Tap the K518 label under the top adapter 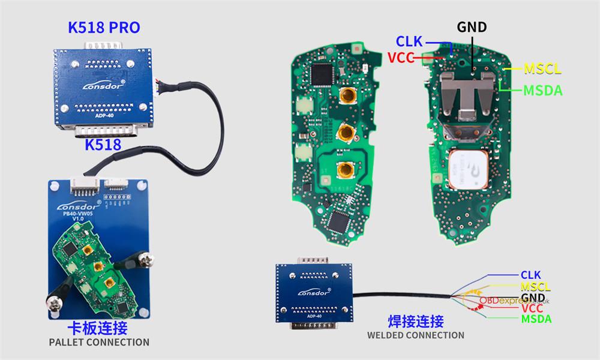[x=103, y=144]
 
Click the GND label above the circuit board [x=472, y=27]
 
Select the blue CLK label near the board [x=409, y=41]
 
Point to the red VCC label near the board [x=401, y=58]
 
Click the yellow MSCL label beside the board [x=542, y=68]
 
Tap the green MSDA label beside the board [x=542, y=91]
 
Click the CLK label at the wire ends [x=530, y=275]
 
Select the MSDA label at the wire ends [x=536, y=319]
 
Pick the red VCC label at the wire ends [x=532, y=308]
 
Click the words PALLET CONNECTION [x=99, y=343]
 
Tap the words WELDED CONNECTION [x=416, y=335]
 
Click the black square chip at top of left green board [x=325, y=73]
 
